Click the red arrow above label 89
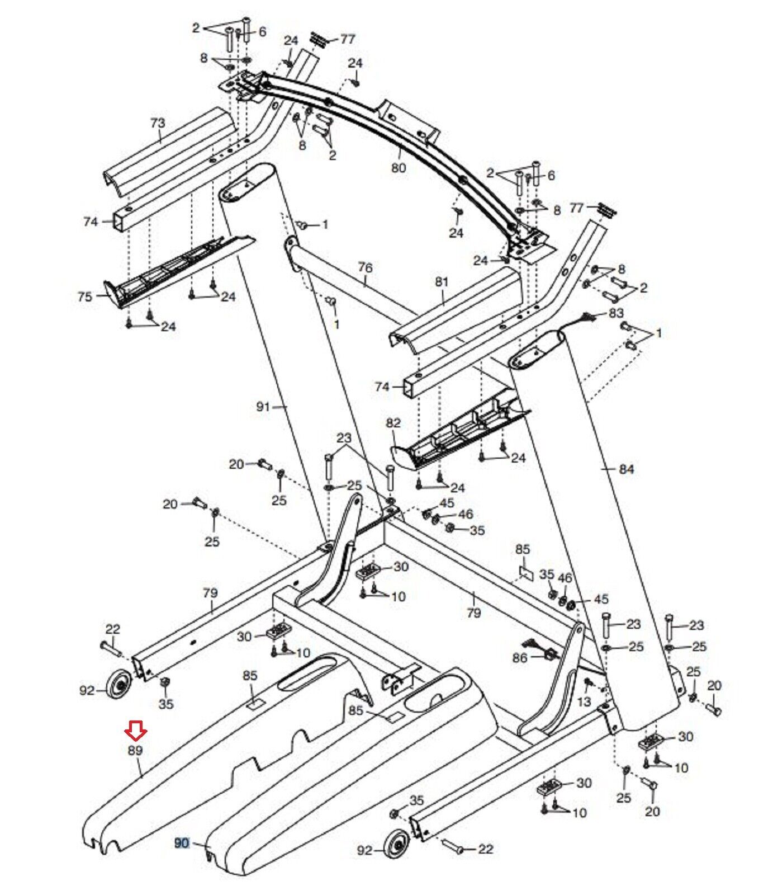(x=136, y=729)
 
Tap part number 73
(x=158, y=123)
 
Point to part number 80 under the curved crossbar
(x=399, y=167)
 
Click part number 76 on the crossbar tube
(x=365, y=268)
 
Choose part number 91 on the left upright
(x=263, y=407)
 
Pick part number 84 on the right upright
(x=627, y=469)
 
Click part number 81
(x=442, y=282)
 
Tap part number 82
(x=393, y=423)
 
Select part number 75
(x=85, y=296)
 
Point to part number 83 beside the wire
(x=616, y=313)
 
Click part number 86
(x=520, y=658)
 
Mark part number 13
(x=584, y=701)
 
